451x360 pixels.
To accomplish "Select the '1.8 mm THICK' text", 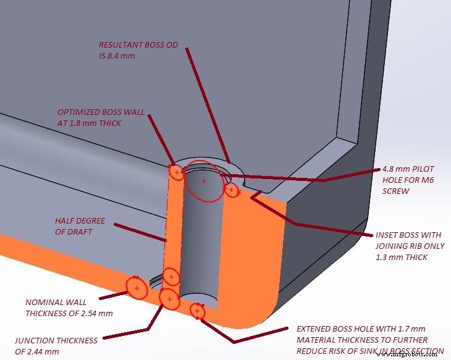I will pos(95,123).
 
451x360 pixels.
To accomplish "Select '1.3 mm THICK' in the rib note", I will pos(402,257).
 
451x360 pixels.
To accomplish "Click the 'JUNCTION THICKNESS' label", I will pos(56,340).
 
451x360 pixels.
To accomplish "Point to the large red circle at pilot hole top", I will pos(204,180).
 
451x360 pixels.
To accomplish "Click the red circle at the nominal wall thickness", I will pos(137,288).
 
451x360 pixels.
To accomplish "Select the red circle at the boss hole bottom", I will pos(197,311).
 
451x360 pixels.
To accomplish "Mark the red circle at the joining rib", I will pos(231,190).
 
